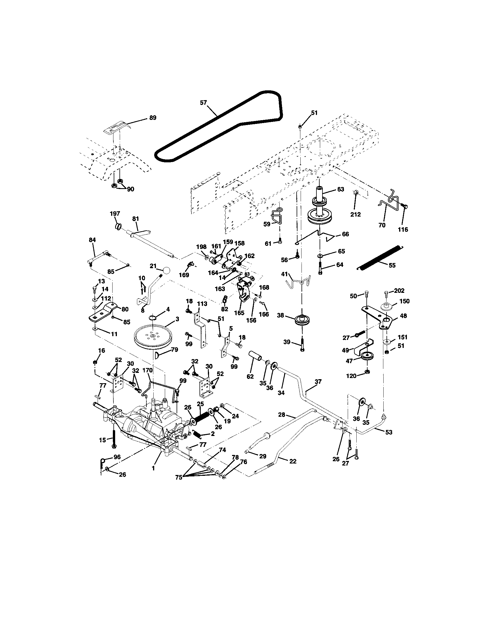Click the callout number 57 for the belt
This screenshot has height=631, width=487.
pos(204,103)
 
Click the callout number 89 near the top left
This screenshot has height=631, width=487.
pos(153,118)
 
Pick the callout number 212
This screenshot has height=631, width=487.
pos(355,214)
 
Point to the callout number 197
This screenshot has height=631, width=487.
pos(115,213)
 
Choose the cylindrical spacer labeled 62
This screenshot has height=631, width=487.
pos(256,356)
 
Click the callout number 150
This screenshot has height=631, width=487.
pos(404,301)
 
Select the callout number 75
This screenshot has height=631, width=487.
pos(179,477)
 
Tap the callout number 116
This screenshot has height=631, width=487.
pos(403,229)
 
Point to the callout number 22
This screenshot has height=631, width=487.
pos(293,461)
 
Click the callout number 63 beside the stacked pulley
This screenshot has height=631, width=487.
pos(340,189)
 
